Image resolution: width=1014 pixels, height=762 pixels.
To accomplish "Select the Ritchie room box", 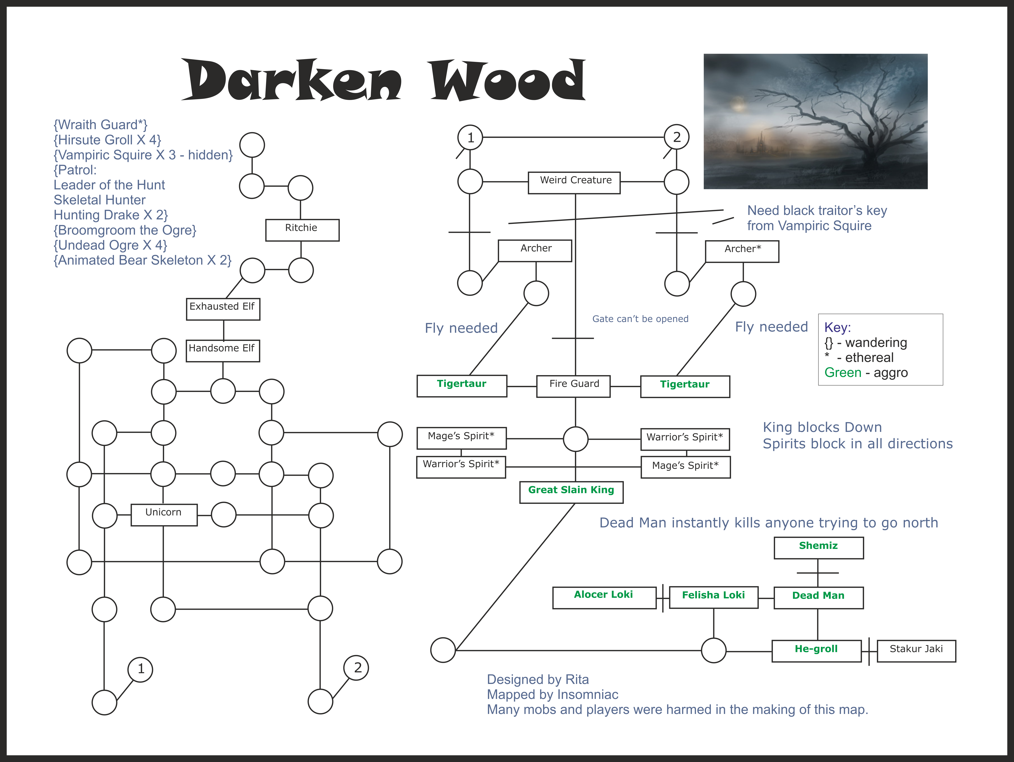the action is coord(302,230).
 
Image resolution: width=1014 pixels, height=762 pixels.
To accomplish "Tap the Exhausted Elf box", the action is coord(223,309).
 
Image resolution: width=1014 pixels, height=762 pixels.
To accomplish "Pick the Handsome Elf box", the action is coord(223,351).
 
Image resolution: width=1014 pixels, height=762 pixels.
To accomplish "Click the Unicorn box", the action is coord(164,515).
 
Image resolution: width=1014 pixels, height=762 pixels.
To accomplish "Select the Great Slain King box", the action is coord(571,493).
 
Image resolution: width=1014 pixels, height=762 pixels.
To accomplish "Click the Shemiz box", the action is coord(819,548).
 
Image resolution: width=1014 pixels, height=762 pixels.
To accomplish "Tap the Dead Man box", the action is coord(819,598).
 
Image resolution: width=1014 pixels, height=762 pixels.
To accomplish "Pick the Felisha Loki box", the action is coord(714,598).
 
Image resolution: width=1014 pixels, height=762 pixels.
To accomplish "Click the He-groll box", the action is coord(816,651).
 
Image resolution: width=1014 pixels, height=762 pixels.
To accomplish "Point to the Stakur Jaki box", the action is coord(916,651).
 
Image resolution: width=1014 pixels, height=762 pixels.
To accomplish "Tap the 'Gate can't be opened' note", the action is coord(640,319).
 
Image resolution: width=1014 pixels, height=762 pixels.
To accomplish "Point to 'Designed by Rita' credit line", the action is coord(538,679).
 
